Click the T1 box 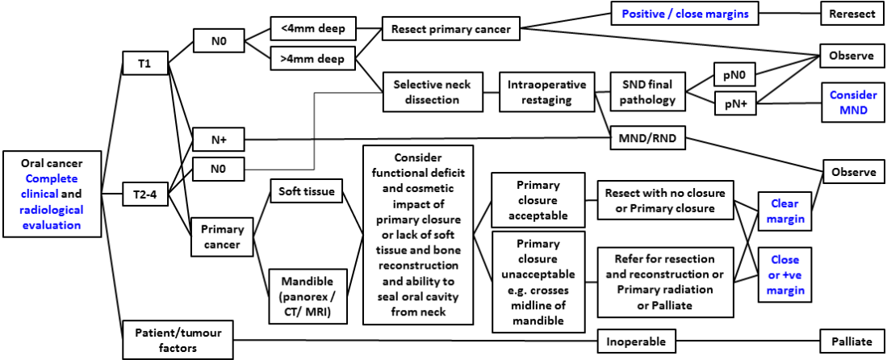pyautogui.click(x=144, y=65)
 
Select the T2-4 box pyautogui.click(x=144, y=194)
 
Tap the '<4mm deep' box pyautogui.click(x=312, y=30)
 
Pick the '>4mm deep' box pyautogui.click(x=312, y=59)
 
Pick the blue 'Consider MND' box pyautogui.click(x=852, y=103)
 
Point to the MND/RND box pyautogui.click(x=648, y=139)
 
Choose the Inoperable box pyautogui.click(x=636, y=341)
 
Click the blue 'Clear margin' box pyautogui.click(x=784, y=212)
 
